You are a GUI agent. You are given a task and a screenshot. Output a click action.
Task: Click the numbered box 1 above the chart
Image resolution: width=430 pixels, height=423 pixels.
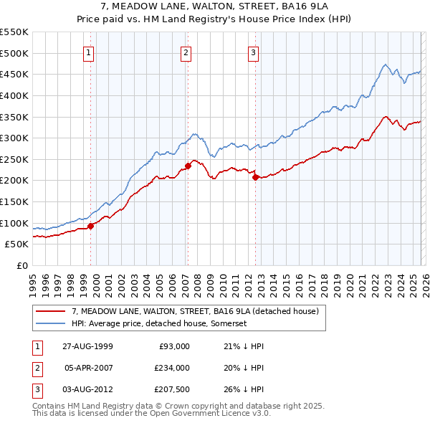[x=88, y=52]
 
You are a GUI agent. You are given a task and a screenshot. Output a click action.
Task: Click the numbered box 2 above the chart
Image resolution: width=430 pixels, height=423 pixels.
[x=186, y=52]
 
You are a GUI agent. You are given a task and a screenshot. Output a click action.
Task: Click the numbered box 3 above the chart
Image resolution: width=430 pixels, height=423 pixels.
[x=254, y=52]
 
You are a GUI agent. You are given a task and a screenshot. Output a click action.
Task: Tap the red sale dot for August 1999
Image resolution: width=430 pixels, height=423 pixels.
[x=91, y=226]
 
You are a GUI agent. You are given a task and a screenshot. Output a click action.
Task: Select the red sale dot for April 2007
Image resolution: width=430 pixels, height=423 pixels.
[x=188, y=166]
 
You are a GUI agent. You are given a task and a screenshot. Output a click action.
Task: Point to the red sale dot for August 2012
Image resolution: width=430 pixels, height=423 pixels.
[x=255, y=177]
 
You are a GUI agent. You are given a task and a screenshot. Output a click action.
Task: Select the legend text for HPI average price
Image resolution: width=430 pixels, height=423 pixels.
[x=159, y=323]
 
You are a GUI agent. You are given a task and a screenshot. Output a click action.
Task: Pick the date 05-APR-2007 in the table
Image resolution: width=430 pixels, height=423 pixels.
[x=89, y=368]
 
